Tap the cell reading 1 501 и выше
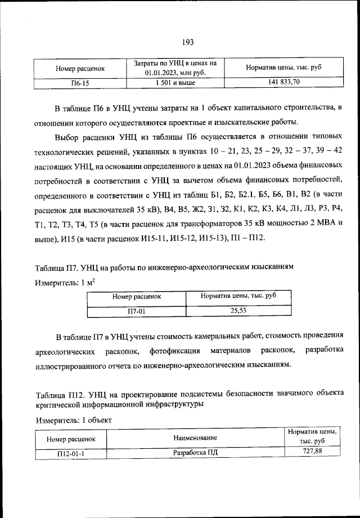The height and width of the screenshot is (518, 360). [175, 83]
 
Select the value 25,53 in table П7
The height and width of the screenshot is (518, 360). [238, 310]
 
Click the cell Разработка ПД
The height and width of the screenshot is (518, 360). [195, 454]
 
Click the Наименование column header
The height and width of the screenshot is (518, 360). [195, 437]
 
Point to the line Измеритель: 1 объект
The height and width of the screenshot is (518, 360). [74, 420]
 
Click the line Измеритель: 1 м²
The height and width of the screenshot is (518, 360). [64, 283]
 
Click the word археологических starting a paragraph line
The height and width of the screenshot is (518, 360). [65, 351]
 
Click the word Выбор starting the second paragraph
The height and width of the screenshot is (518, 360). [67, 137]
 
